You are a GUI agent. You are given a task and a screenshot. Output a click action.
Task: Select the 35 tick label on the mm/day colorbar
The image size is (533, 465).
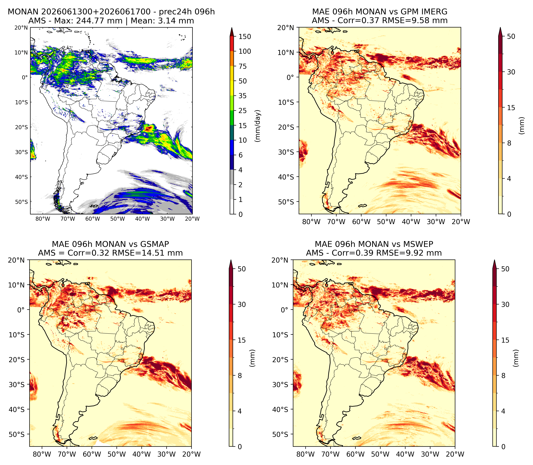pyautogui.click(x=243, y=96)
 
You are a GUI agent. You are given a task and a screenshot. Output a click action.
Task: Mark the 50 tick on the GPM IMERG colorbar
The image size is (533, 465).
pyautogui.click(x=511, y=37)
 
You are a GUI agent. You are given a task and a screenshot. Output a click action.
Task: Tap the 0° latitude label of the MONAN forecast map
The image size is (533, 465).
pyautogui.click(x=25, y=77)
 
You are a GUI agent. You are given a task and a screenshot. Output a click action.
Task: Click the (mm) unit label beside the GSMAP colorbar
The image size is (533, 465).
pyautogui.click(x=252, y=358)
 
